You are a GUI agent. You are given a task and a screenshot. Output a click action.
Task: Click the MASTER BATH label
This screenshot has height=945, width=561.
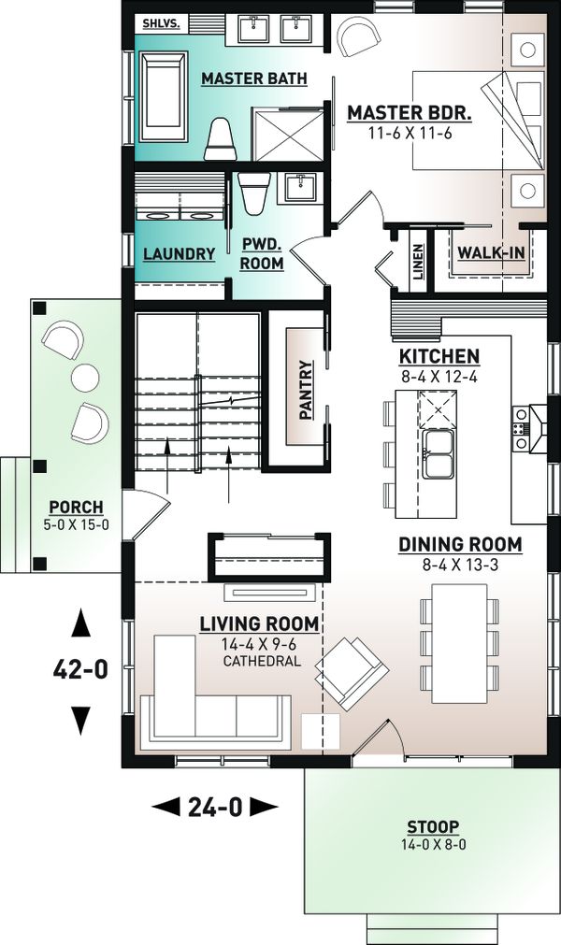(x=253, y=79)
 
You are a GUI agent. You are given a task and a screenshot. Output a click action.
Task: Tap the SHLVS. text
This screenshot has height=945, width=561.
(x=157, y=24)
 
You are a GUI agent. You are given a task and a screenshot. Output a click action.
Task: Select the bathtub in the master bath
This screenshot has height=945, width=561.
(x=164, y=96)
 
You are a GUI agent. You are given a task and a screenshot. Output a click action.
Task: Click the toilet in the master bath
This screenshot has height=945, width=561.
(x=220, y=139)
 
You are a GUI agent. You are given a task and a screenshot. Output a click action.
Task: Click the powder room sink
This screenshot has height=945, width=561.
(x=299, y=188)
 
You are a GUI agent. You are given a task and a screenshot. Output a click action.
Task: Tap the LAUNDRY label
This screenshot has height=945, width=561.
(x=179, y=254)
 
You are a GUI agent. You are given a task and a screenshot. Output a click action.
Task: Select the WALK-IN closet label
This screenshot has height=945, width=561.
(x=491, y=253)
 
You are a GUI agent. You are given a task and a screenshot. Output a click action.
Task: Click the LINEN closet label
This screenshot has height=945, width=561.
(x=418, y=263)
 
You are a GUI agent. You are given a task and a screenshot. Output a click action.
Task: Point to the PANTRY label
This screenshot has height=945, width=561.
(x=307, y=390)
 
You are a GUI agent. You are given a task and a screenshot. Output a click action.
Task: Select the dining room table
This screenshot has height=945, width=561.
(x=459, y=643)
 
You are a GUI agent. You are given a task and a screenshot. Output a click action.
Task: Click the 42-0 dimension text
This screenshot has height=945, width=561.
(x=80, y=669)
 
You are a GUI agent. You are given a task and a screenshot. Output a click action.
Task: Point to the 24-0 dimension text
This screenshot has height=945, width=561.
(x=214, y=807)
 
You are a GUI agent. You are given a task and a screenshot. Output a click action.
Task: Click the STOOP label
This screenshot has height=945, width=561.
(x=433, y=826)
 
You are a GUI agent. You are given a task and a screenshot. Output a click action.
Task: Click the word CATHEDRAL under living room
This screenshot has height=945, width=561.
(x=262, y=661)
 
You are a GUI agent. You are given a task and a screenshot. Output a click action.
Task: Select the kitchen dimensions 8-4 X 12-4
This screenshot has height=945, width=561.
(x=439, y=378)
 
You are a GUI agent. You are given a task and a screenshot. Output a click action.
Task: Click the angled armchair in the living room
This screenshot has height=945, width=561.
(x=352, y=673)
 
